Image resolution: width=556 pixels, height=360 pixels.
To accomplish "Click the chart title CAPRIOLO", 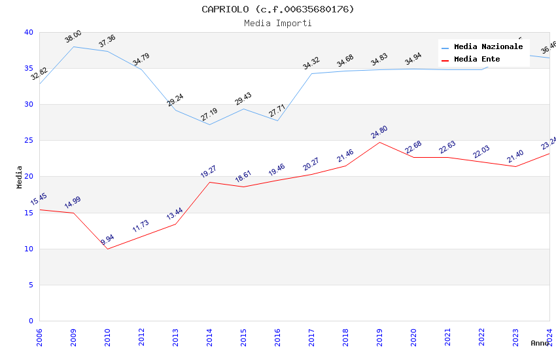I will (277, 9).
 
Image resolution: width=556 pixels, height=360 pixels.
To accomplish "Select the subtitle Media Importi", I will (277, 24).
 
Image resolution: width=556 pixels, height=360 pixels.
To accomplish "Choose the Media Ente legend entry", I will (477, 60).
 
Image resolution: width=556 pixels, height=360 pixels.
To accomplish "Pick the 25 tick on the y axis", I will (29, 141).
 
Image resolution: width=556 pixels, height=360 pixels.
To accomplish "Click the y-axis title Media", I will (20, 177).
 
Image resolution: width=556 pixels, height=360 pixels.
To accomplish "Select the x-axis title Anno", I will (540, 343).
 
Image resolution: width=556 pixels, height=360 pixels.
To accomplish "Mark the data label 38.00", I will (73, 37).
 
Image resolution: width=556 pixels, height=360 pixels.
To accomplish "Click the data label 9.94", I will (107, 240).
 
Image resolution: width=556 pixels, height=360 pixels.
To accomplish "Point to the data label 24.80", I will (379, 132).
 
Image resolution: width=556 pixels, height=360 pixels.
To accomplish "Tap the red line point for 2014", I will (209, 182).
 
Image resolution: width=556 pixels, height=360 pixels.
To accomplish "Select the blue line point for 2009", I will (73, 46).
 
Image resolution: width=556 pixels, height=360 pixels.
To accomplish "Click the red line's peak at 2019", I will (379, 142).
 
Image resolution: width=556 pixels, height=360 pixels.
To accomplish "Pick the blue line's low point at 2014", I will (209, 124).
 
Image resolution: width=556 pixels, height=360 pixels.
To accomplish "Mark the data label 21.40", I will (515, 156).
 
